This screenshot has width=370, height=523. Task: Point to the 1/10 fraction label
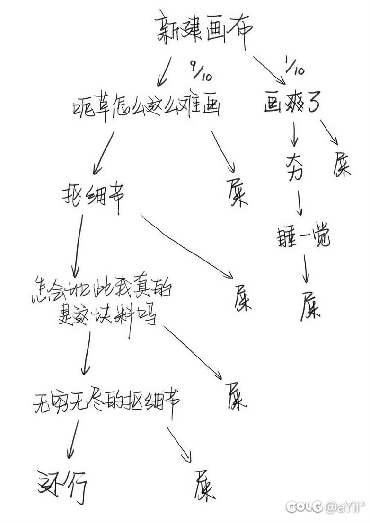(295, 66)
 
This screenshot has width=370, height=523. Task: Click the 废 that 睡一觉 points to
(310, 305)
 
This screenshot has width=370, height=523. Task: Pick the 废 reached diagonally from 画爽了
(341, 165)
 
